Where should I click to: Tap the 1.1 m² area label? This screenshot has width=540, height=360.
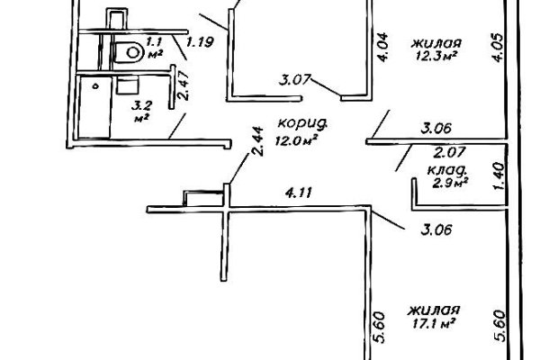154,48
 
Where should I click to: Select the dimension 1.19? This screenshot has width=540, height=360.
200,42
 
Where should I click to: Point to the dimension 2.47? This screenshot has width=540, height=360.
184,85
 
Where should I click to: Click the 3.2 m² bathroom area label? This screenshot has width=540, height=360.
142,111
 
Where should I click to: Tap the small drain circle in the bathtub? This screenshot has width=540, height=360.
96,86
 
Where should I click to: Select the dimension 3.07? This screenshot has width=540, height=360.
295,80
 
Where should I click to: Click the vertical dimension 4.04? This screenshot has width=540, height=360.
382,47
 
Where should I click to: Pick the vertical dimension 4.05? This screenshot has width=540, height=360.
499,47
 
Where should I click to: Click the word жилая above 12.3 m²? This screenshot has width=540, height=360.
436,43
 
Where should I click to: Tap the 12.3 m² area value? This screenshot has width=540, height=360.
436,56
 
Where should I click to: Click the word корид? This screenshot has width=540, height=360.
301,123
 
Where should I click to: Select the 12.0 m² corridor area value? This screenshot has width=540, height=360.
296,140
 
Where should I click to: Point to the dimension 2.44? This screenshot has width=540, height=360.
258,141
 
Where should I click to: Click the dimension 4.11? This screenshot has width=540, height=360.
299,193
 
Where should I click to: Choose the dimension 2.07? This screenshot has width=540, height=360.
449,152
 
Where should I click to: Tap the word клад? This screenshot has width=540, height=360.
447,169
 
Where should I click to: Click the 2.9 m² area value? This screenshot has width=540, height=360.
450,182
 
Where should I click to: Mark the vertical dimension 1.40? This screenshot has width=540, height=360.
499,175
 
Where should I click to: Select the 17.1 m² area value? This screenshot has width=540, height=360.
434,323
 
